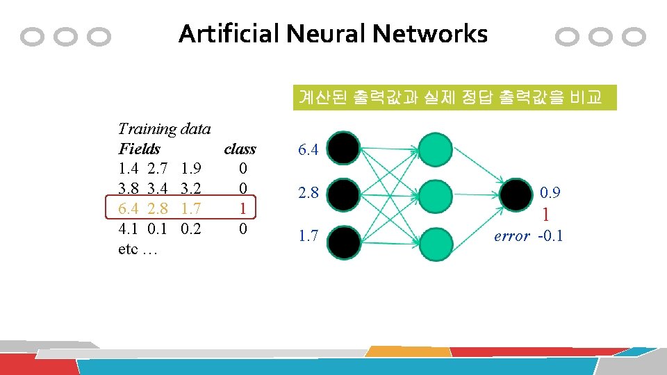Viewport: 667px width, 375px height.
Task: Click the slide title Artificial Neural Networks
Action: [333, 33]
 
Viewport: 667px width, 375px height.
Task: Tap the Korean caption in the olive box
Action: [450, 97]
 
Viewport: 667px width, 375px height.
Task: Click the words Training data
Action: [165, 128]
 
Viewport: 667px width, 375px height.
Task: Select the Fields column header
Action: [139, 149]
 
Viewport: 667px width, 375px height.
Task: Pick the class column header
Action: [240, 149]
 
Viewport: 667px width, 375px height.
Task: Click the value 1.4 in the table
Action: [129, 169]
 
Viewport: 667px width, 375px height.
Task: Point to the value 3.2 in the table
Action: [191, 188]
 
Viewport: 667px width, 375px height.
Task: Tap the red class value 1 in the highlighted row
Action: [242, 208]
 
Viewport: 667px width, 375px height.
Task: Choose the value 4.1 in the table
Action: [129, 228]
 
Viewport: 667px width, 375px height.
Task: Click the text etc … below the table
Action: [138, 249]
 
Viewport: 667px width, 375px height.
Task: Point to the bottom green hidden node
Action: [436, 242]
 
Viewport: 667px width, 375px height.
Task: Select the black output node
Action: [518, 195]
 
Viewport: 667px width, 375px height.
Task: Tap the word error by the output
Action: [512, 236]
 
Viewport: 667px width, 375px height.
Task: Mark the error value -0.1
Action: [550, 236]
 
